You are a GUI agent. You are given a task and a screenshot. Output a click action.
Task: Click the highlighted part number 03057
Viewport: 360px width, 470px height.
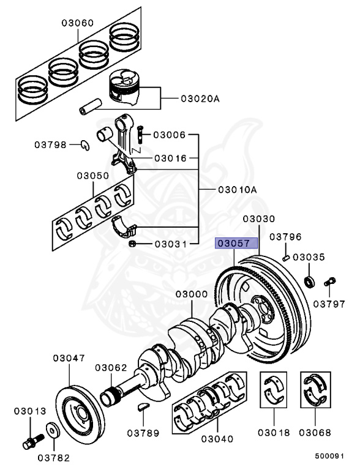231,244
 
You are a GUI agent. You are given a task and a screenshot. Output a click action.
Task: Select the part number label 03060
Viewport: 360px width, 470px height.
77,23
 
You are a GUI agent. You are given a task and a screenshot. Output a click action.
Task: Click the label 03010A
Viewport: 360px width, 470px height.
237,190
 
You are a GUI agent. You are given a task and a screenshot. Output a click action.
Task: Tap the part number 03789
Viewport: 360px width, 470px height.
144,433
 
